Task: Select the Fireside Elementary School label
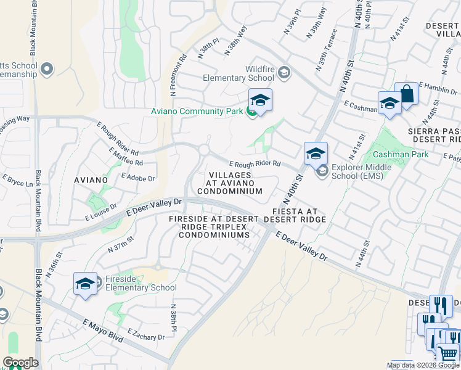141,283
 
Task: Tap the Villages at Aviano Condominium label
230,183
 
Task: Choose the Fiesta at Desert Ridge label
298,215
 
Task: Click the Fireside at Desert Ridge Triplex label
210,226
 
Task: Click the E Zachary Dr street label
146,334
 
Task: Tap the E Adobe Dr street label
138,176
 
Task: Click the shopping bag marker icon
406,94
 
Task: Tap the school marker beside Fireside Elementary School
85,284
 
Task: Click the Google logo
20,363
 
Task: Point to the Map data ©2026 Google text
423,365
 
